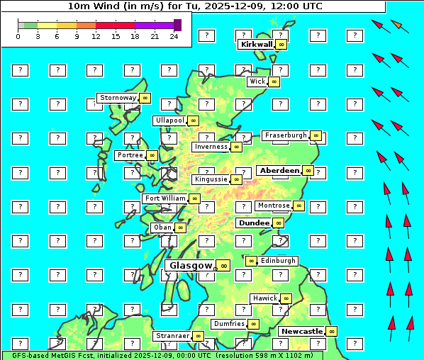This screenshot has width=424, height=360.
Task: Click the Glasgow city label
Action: [x=191, y=265]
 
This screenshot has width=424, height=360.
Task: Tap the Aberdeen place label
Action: [x=279, y=171]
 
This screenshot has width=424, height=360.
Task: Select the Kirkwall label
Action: [x=256, y=44]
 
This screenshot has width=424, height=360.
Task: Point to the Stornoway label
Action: [x=118, y=97]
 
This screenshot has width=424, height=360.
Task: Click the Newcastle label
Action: [x=301, y=331]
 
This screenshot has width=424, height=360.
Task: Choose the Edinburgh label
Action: [x=278, y=260]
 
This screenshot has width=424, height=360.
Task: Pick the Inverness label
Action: [x=211, y=147]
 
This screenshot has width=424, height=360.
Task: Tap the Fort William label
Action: [x=164, y=198]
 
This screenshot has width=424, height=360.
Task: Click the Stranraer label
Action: [x=172, y=335]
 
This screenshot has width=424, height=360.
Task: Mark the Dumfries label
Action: [x=229, y=324]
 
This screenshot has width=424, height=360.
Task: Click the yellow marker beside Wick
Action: [x=274, y=81]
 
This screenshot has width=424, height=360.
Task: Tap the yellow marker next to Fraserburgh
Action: [x=316, y=135]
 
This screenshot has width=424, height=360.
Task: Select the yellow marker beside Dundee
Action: [x=278, y=223]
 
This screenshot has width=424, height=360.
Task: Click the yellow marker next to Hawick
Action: [x=286, y=298]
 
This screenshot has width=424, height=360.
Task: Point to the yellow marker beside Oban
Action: [x=181, y=227]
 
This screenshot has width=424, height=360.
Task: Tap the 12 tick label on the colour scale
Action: [x=96, y=36]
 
